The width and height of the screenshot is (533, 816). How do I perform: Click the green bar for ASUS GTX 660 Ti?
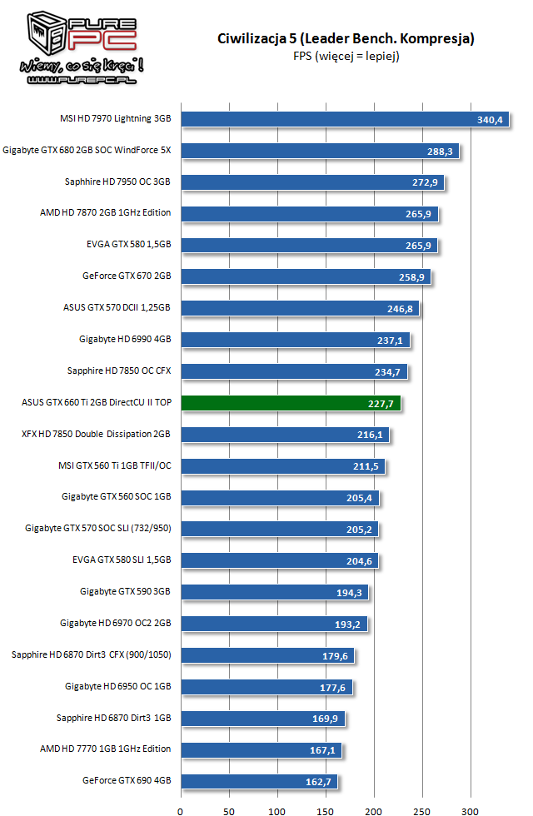coord(291,404)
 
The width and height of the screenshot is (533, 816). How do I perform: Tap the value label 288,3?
coord(440,152)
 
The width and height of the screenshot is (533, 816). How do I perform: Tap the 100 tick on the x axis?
coord(277,808)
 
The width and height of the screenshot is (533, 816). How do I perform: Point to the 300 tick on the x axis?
coord(470,808)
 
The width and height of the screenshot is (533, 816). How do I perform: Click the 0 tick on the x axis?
coord(181,808)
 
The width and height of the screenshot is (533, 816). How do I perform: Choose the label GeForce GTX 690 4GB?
coord(127,781)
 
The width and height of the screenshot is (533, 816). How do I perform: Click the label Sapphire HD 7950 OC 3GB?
coord(117,182)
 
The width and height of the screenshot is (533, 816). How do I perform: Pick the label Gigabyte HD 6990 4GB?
coord(125,339)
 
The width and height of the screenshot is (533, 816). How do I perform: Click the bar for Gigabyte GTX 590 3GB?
coord(274,593)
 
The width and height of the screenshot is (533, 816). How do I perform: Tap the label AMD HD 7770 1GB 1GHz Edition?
coord(105,749)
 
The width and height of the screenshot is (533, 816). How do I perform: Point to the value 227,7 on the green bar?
coord(381,404)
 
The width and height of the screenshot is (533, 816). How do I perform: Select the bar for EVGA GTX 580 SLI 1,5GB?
coord(279,561)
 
